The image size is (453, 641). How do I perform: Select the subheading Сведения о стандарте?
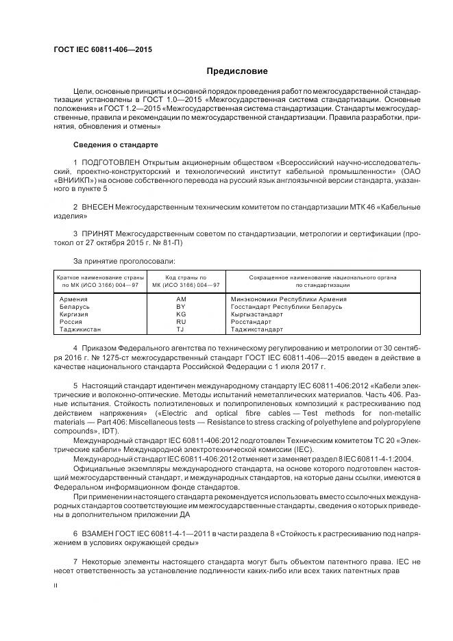click(x=115, y=144)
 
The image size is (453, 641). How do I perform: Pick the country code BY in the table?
click(x=180, y=307)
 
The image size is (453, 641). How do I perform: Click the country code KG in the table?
click(x=180, y=314)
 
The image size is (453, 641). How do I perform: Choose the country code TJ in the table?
click(x=180, y=329)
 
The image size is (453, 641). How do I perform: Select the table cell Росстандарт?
click(x=252, y=322)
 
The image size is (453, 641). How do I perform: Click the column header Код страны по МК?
click(x=180, y=279)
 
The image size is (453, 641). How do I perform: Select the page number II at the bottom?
click(x=56, y=586)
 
